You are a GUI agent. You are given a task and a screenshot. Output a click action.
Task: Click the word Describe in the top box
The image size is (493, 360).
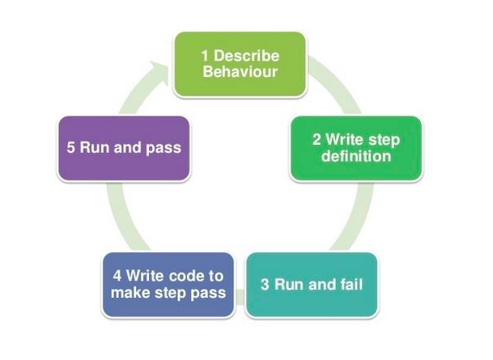coord(246,56)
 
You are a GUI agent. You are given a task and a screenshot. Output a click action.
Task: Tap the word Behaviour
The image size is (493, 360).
coord(240,72)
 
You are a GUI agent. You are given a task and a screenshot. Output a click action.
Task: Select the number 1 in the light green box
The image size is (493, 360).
coord(205,56)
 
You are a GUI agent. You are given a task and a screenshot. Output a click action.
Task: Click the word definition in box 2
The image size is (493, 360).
coord(356,156)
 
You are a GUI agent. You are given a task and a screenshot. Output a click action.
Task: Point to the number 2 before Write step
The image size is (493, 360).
coord(317,140)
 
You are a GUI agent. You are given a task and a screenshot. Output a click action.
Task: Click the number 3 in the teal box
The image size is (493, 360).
coord(265,285)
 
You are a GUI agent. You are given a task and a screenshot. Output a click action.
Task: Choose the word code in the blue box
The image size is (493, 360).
coord(185,276)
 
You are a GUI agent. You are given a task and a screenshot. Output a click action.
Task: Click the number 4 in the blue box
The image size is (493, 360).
coord(117,276)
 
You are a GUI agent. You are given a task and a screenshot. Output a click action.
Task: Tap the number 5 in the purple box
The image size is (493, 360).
coord(70,148)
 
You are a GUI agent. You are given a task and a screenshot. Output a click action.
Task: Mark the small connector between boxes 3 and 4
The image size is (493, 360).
coord(240,297)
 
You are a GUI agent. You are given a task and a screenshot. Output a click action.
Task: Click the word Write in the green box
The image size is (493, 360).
coord(345,139)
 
